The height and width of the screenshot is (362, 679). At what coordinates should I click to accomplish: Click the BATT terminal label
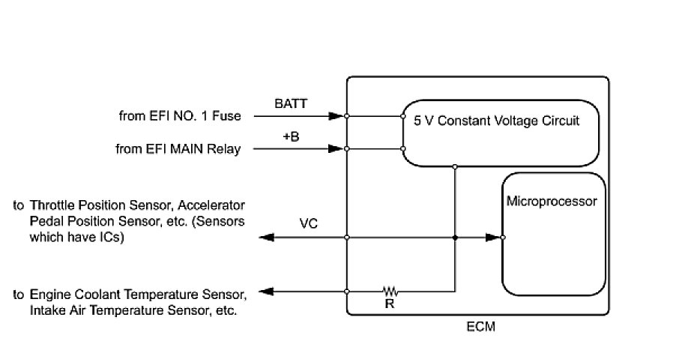(x=291, y=103)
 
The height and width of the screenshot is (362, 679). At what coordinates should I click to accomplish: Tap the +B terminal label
(x=291, y=136)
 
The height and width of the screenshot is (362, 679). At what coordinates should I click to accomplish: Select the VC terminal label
(x=308, y=223)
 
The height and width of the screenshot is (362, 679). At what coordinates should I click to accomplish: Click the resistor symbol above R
(x=390, y=291)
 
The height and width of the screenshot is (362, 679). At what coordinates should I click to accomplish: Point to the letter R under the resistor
(x=389, y=304)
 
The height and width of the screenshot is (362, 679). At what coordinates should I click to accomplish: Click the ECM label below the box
(x=480, y=326)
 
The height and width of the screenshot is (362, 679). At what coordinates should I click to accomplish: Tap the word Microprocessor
(x=552, y=202)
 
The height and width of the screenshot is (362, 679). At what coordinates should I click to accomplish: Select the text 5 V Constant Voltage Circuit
(x=496, y=121)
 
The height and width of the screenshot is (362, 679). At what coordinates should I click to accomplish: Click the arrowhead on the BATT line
(x=336, y=116)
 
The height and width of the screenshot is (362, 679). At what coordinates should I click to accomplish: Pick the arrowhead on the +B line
(x=336, y=148)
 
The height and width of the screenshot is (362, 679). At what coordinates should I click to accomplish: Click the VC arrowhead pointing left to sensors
(x=267, y=238)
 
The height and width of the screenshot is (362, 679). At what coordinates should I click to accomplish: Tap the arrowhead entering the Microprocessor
(x=493, y=238)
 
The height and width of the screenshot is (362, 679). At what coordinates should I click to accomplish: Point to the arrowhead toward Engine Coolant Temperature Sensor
(x=266, y=292)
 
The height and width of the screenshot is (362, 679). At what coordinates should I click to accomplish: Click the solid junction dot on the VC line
(x=455, y=238)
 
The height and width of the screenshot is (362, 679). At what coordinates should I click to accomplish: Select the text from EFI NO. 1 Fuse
(x=180, y=116)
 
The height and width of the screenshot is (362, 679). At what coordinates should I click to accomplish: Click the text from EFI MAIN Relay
(x=178, y=149)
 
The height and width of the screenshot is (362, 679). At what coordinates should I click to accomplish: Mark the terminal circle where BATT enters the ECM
(x=346, y=116)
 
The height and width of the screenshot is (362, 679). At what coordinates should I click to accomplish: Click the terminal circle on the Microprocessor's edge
(x=503, y=238)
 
